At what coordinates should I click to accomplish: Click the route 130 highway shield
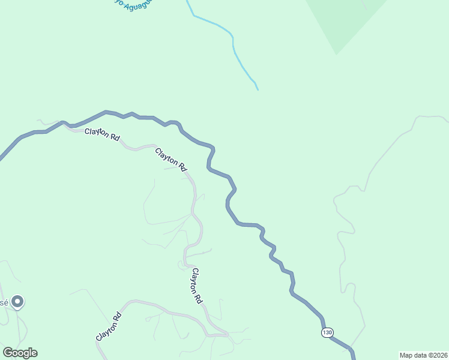327,332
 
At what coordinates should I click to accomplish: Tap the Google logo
20,353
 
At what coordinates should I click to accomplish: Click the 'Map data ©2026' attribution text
423,355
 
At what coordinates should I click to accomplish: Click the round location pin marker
18,302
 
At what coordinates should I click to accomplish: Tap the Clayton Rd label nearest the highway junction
101,134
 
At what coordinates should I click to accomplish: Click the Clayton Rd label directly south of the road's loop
196,286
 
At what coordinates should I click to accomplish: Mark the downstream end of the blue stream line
258,89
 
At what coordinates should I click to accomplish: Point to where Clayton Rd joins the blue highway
64,124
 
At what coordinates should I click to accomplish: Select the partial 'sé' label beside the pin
4,302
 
